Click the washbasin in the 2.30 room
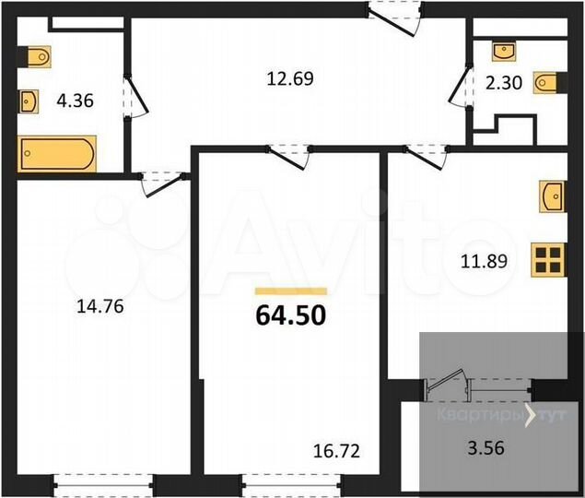tap(505, 49)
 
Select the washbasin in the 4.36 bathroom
tap(29, 99)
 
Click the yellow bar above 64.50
tap(290, 290)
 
